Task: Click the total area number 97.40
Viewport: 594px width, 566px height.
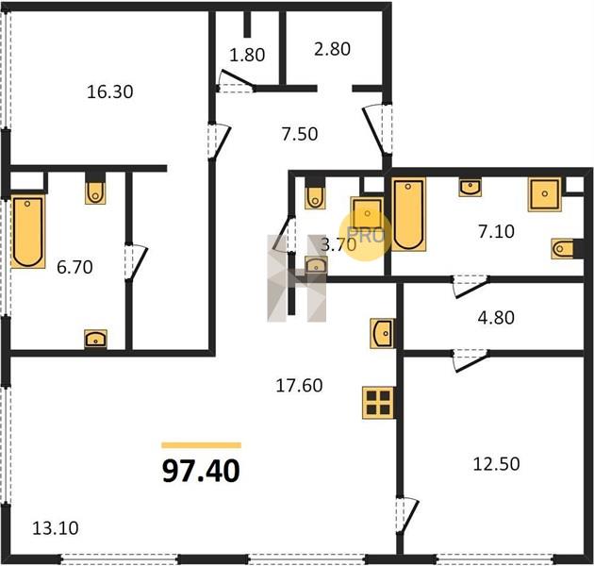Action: (x=201, y=472)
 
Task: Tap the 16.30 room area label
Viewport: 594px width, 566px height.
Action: (x=110, y=92)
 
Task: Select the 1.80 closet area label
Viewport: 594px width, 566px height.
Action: (x=247, y=55)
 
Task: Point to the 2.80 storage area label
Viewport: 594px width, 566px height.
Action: (x=332, y=49)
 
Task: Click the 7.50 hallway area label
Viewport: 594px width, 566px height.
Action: (x=300, y=134)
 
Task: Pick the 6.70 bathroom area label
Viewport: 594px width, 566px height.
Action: (x=74, y=267)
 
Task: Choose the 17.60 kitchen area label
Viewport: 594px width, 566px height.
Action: (x=299, y=386)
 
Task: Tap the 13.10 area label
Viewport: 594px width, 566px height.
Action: (x=56, y=528)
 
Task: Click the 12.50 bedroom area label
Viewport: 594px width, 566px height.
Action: (x=496, y=464)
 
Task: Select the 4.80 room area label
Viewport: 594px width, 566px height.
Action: (x=496, y=318)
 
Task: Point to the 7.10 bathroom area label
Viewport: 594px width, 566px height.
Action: (x=496, y=232)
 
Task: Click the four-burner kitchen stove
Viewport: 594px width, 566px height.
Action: (x=378, y=403)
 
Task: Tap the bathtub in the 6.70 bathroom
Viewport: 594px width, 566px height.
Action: (x=28, y=232)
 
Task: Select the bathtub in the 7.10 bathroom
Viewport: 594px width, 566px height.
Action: (x=408, y=214)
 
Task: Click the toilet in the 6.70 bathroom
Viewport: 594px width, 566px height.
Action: (x=95, y=191)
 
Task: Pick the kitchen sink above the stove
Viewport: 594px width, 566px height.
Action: (x=382, y=333)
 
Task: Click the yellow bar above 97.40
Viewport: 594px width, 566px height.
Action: (x=201, y=445)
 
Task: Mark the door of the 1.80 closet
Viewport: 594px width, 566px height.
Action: (x=237, y=79)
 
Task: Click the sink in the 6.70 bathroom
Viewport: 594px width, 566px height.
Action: (x=95, y=339)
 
